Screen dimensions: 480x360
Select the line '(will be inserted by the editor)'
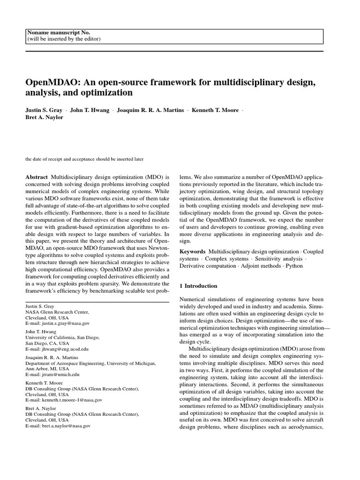[x=64, y=39]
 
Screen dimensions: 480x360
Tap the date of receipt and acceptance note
[x=84, y=159]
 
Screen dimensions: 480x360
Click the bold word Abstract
[x=37, y=177]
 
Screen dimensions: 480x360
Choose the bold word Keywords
[x=192, y=252]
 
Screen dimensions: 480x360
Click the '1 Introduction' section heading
[x=199, y=285]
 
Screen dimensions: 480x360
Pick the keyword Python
[x=294, y=266]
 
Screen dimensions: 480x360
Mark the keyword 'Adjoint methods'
[x=261, y=266]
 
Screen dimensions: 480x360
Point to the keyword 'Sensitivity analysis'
[x=278, y=259]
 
